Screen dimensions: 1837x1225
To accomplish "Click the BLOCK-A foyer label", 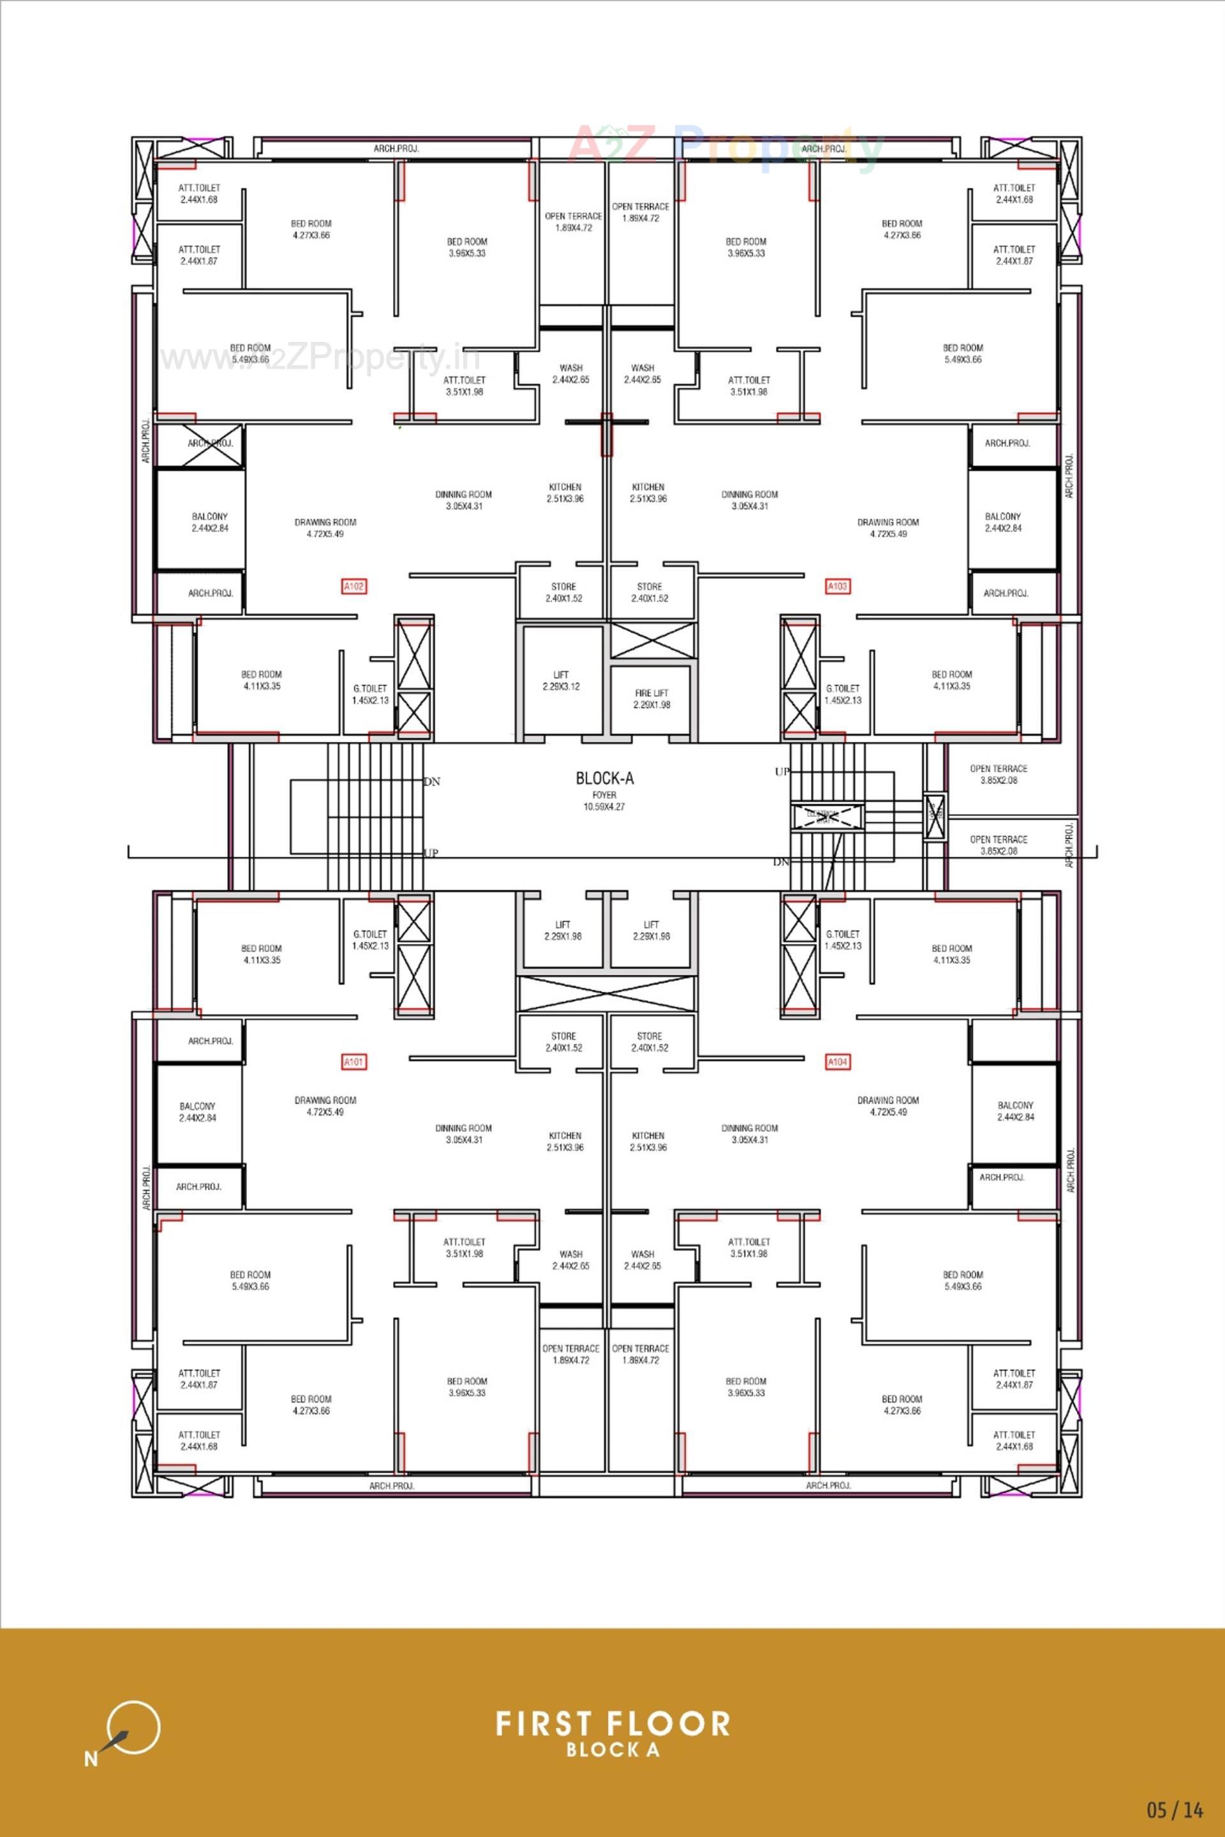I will coord(604,778).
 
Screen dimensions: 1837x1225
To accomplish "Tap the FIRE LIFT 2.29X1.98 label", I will coord(651,699).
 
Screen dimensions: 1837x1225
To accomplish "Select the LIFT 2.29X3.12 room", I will coord(561,681).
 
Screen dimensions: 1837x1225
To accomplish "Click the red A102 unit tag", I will coord(354,586).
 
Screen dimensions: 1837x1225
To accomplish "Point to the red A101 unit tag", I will coord(354,1062).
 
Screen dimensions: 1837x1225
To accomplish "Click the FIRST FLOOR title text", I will coord(612,1723).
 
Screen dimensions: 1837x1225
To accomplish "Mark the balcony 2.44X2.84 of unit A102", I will coord(209,522).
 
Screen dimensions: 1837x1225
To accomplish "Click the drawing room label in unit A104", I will coord(887,1106).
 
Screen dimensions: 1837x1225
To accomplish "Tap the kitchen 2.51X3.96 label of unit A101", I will coord(565,1141).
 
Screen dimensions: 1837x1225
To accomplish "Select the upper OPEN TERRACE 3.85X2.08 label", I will coord(999,775).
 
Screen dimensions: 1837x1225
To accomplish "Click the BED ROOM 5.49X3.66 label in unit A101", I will coord(250,1280).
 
